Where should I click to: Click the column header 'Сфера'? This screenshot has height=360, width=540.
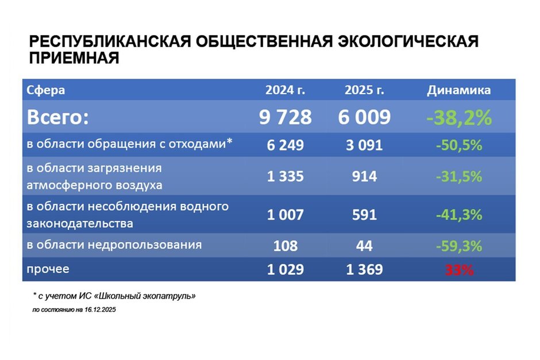pyautogui.click(x=47, y=90)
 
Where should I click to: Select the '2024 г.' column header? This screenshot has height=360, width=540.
pyautogui.click(x=285, y=90)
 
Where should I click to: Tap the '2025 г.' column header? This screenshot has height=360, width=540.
pyautogui.click(x=364, y=90)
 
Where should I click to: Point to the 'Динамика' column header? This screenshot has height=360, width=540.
pyautogui.click(x=458, y=90)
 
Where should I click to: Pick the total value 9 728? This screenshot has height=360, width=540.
pyautogui.click(x=285, y=117)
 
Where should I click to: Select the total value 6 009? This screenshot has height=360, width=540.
pyautogui.click(x=364, y=117)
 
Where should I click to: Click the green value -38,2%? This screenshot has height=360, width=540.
pyautogui.click(x=458, y=117)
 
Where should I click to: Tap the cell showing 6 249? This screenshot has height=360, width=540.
pyautogui.click(x=285, y=145)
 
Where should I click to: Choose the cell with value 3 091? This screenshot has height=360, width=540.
pyautogui.click(x=364, y=145)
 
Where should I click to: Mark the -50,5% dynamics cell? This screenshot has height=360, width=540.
pyautogui.click(x=458, y=145)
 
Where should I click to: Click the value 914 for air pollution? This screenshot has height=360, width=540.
pyautogui.click(x=364, y=177)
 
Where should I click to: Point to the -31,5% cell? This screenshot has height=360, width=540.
pyautogui.click(x=458, y=177)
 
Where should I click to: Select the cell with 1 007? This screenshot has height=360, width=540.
pyautogui.click(x=285, y=215)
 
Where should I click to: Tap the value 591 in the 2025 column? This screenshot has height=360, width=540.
pyautogui.click(x=364, y=215)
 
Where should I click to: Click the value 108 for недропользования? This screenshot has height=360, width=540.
pyautogui.click(x=285, y=246)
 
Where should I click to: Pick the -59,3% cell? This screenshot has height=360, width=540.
pyautogui.click(x=458, y=246)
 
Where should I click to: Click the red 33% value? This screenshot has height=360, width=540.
pyautogui.click(x=458, y=270)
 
